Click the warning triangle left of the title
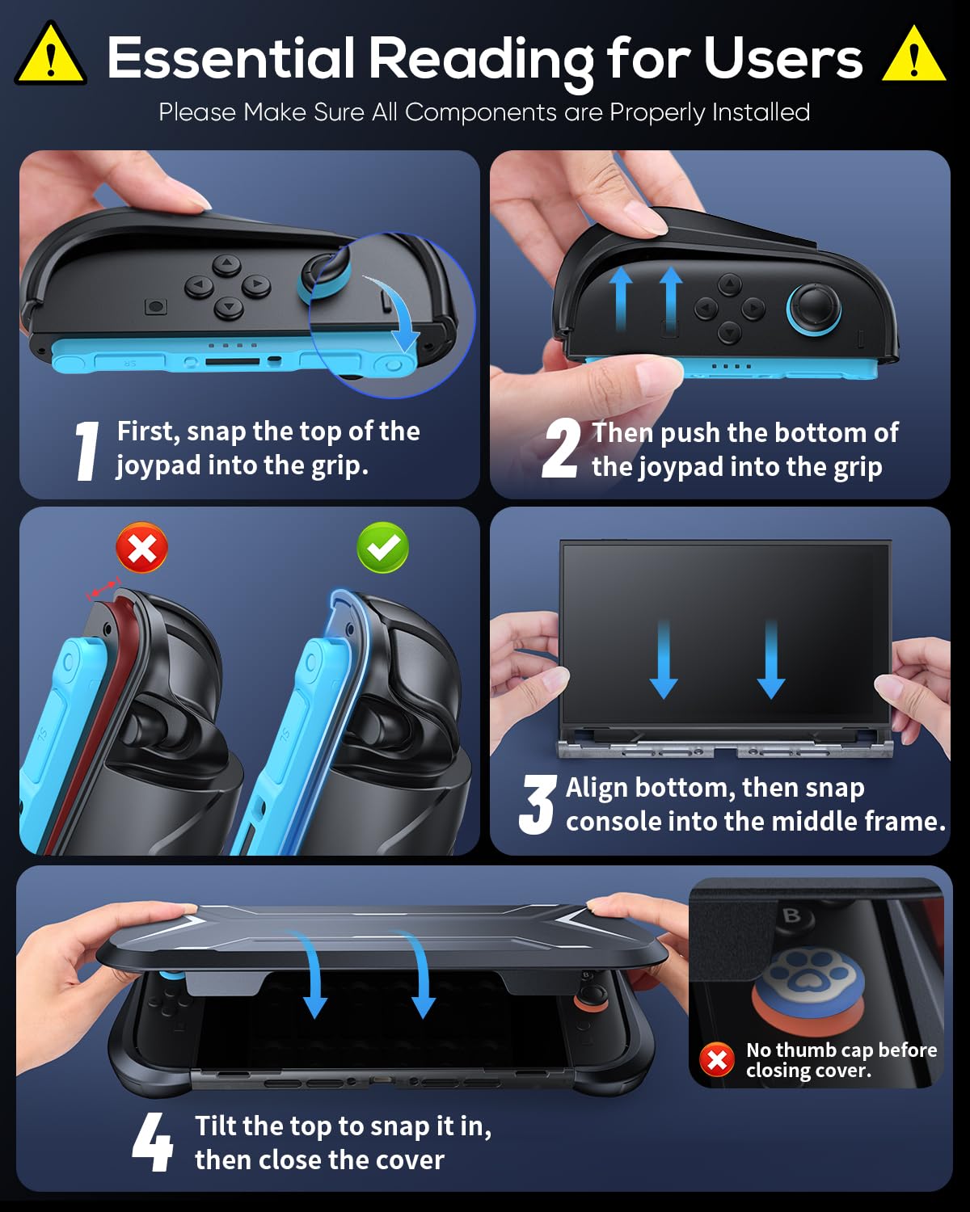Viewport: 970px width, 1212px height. (50, 57)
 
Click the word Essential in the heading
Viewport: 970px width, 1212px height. (230, 58)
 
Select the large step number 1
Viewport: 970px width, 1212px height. (86, 451)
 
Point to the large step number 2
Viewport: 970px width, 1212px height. (561, 448)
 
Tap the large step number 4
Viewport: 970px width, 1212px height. (153, 1142)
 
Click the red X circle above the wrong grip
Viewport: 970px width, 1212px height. (142, 548)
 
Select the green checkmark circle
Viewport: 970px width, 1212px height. (382, 548)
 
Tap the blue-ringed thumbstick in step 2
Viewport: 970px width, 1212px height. (814, 309)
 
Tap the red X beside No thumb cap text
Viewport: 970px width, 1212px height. (717, 1059)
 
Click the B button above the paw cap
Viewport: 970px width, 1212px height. (791, 915)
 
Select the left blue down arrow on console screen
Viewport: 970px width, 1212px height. (664, 659)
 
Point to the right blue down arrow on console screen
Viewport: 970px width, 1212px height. (771, 659)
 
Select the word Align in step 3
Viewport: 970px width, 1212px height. (597, 787)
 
